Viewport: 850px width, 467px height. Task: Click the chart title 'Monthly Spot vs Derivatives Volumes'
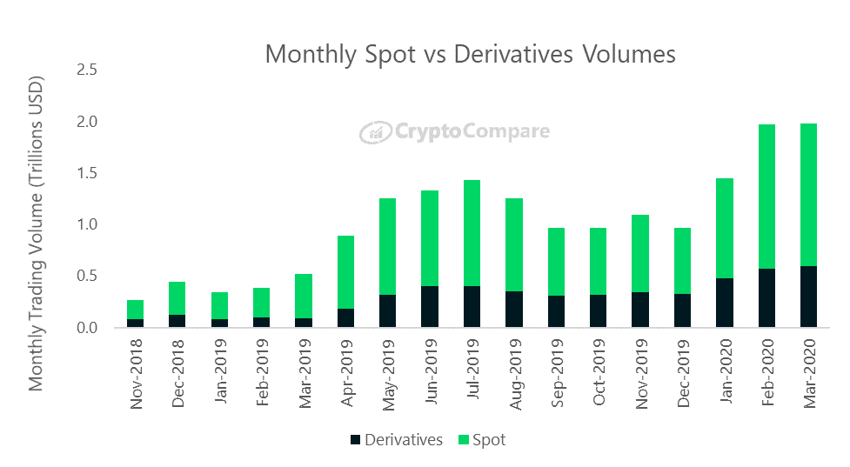470,54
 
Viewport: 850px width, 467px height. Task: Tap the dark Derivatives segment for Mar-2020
808,297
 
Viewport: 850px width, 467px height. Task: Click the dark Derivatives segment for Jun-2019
430,307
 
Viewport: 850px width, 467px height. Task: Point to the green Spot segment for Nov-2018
135,310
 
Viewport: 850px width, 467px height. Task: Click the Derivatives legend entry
396,440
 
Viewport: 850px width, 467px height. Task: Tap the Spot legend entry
479,440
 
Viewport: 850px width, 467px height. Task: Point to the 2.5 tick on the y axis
87,70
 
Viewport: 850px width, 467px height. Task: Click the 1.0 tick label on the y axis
87,225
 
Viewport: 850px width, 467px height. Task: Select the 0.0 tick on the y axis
87,329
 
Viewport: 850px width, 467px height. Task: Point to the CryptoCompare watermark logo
455,132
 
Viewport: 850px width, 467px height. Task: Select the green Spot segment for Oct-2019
598,261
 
